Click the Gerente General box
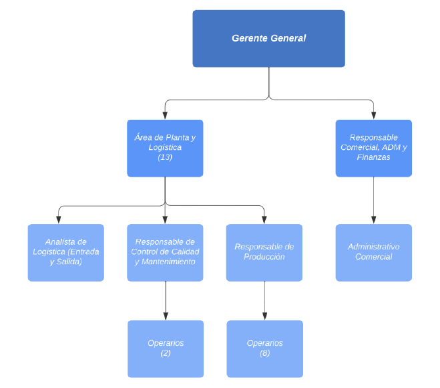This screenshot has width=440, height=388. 268,39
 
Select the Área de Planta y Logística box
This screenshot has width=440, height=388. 165,148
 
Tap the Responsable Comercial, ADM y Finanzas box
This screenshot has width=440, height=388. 373,148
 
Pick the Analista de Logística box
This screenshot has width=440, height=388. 66,252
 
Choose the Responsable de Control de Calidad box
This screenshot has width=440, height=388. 165,252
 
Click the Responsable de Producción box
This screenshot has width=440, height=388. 264,252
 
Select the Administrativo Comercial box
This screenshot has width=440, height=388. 373,252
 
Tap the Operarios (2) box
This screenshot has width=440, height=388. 166,349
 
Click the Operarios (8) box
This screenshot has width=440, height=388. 264,349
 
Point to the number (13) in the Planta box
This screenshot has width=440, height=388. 165,157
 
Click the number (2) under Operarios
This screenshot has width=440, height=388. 166,353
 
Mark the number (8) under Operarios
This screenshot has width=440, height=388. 264,353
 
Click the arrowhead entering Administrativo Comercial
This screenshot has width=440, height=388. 373,220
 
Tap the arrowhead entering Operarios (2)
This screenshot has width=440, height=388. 166,316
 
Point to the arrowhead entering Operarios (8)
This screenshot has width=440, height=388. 264,316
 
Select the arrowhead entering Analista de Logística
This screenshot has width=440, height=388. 59,220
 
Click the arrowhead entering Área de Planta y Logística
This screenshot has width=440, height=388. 165,116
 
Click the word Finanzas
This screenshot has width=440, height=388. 373,157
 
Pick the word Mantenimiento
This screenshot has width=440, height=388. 168,262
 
